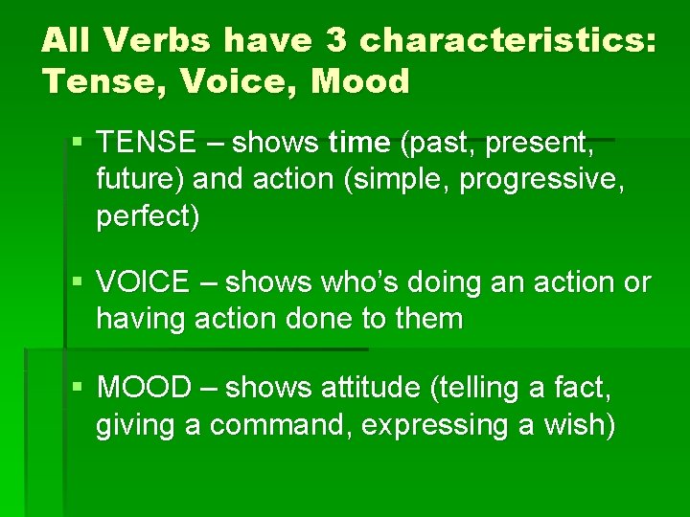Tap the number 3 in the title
point(338,40)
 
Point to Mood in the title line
point(359,80)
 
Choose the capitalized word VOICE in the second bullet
point(143,282)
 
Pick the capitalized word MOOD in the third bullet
point(145,388)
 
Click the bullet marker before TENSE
point(78,144)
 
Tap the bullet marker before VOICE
point(78,282)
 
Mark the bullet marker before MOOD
point(78,388)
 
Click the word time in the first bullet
point(359,144)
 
